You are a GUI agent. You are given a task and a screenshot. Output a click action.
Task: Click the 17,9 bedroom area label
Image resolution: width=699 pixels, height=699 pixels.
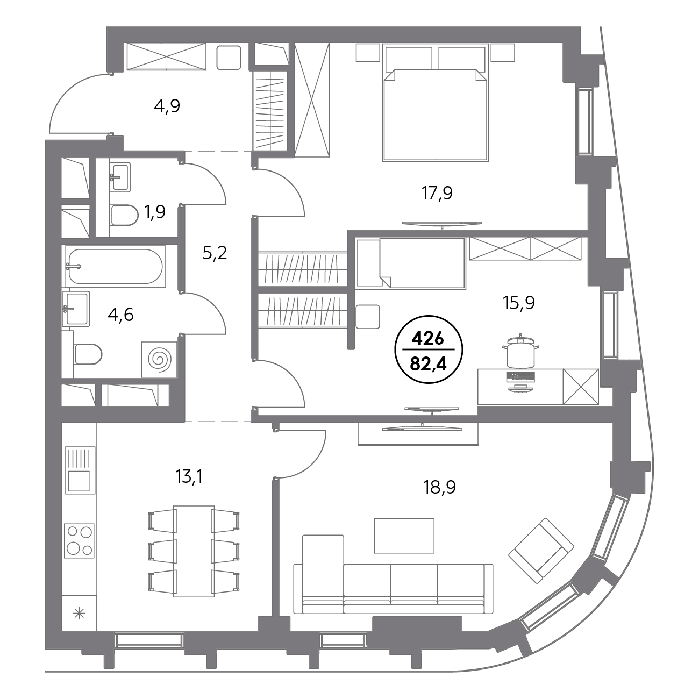pyautogui.click(x=437, y=194)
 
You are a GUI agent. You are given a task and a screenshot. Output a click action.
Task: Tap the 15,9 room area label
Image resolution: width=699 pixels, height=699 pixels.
pyautogui.click(x=519, y=303)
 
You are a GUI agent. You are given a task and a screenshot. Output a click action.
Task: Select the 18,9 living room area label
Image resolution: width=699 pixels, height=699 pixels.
pyautogui.click(x=439, y=488)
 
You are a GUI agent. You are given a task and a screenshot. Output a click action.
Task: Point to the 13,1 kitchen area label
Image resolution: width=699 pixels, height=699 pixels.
pyautogui.click(x=189, y=476)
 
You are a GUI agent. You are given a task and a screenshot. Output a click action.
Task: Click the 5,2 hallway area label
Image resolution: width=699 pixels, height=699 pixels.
pyautogui.click(x=215, y=253)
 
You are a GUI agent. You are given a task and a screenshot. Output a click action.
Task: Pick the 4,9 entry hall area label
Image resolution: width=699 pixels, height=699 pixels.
pyautogui.click(x=167, y=106)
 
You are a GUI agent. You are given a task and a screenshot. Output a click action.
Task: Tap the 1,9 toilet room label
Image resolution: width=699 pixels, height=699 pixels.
pyautogui.click(x=155, y=212)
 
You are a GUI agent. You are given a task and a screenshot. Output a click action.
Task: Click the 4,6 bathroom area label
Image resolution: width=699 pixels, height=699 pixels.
pyautogui.click(x=121, y=315)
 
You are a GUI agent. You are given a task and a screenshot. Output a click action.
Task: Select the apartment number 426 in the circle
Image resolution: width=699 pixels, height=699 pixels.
pyautogui.click(x=428, y=339)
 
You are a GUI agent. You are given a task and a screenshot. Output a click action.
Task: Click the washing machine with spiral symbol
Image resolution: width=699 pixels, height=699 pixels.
pyautogui.click(x=159, y=359)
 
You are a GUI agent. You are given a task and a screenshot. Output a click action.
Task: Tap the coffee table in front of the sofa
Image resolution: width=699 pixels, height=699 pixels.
pyautogui.click(x=404, y=536)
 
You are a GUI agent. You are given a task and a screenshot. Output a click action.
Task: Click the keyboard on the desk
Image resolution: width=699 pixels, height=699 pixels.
pyautogui.click(x=520, y=376)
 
